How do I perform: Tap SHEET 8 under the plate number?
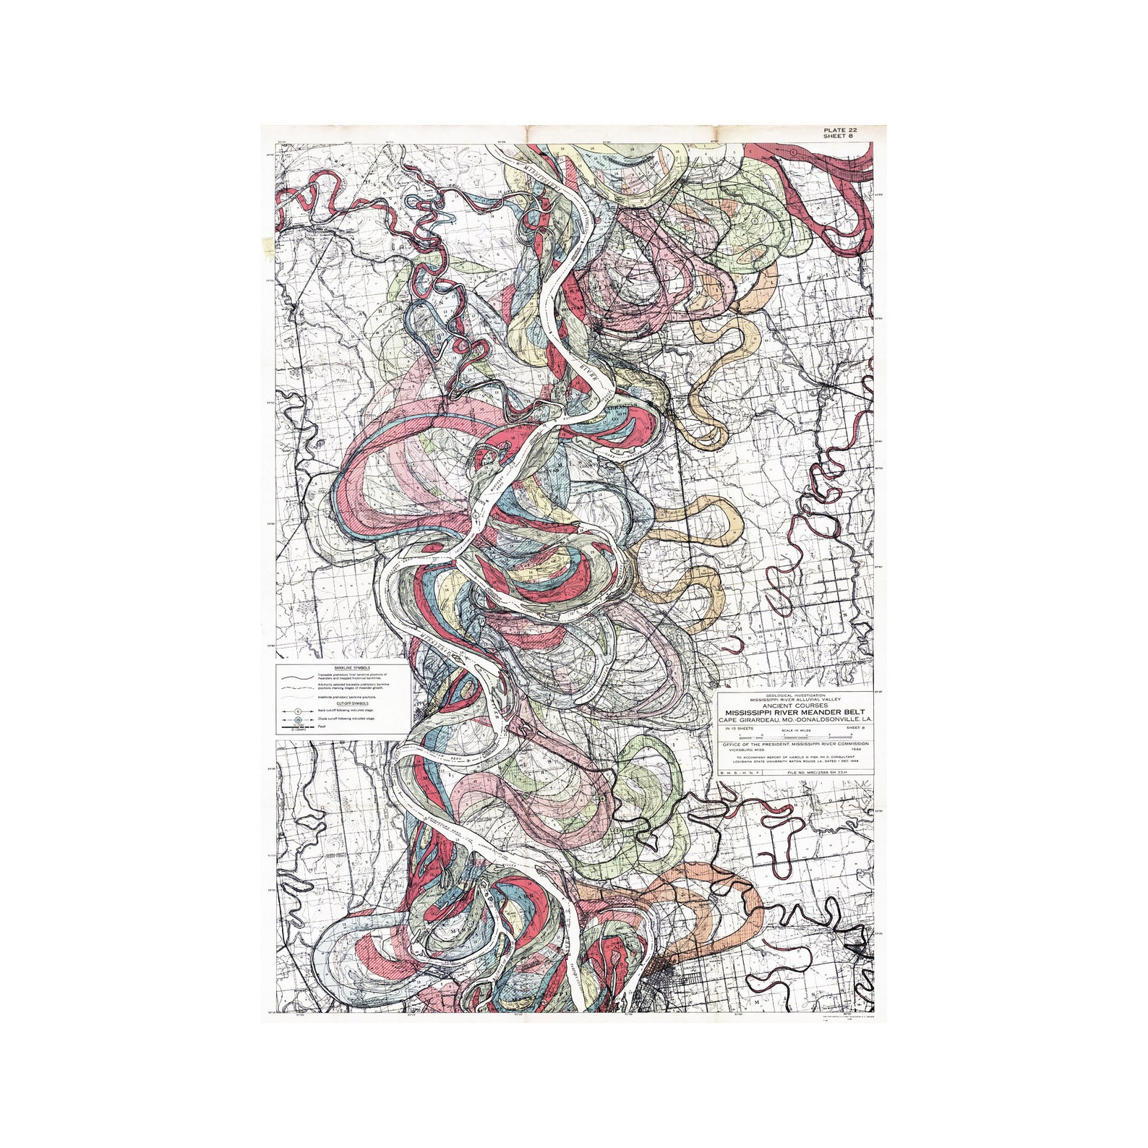839,137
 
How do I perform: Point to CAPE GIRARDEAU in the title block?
753,720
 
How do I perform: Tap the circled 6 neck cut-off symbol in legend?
299,712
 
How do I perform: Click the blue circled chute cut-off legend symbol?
299,720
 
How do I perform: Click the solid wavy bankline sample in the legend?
299,675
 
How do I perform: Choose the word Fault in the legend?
322,727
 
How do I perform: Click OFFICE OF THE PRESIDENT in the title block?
752,743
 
